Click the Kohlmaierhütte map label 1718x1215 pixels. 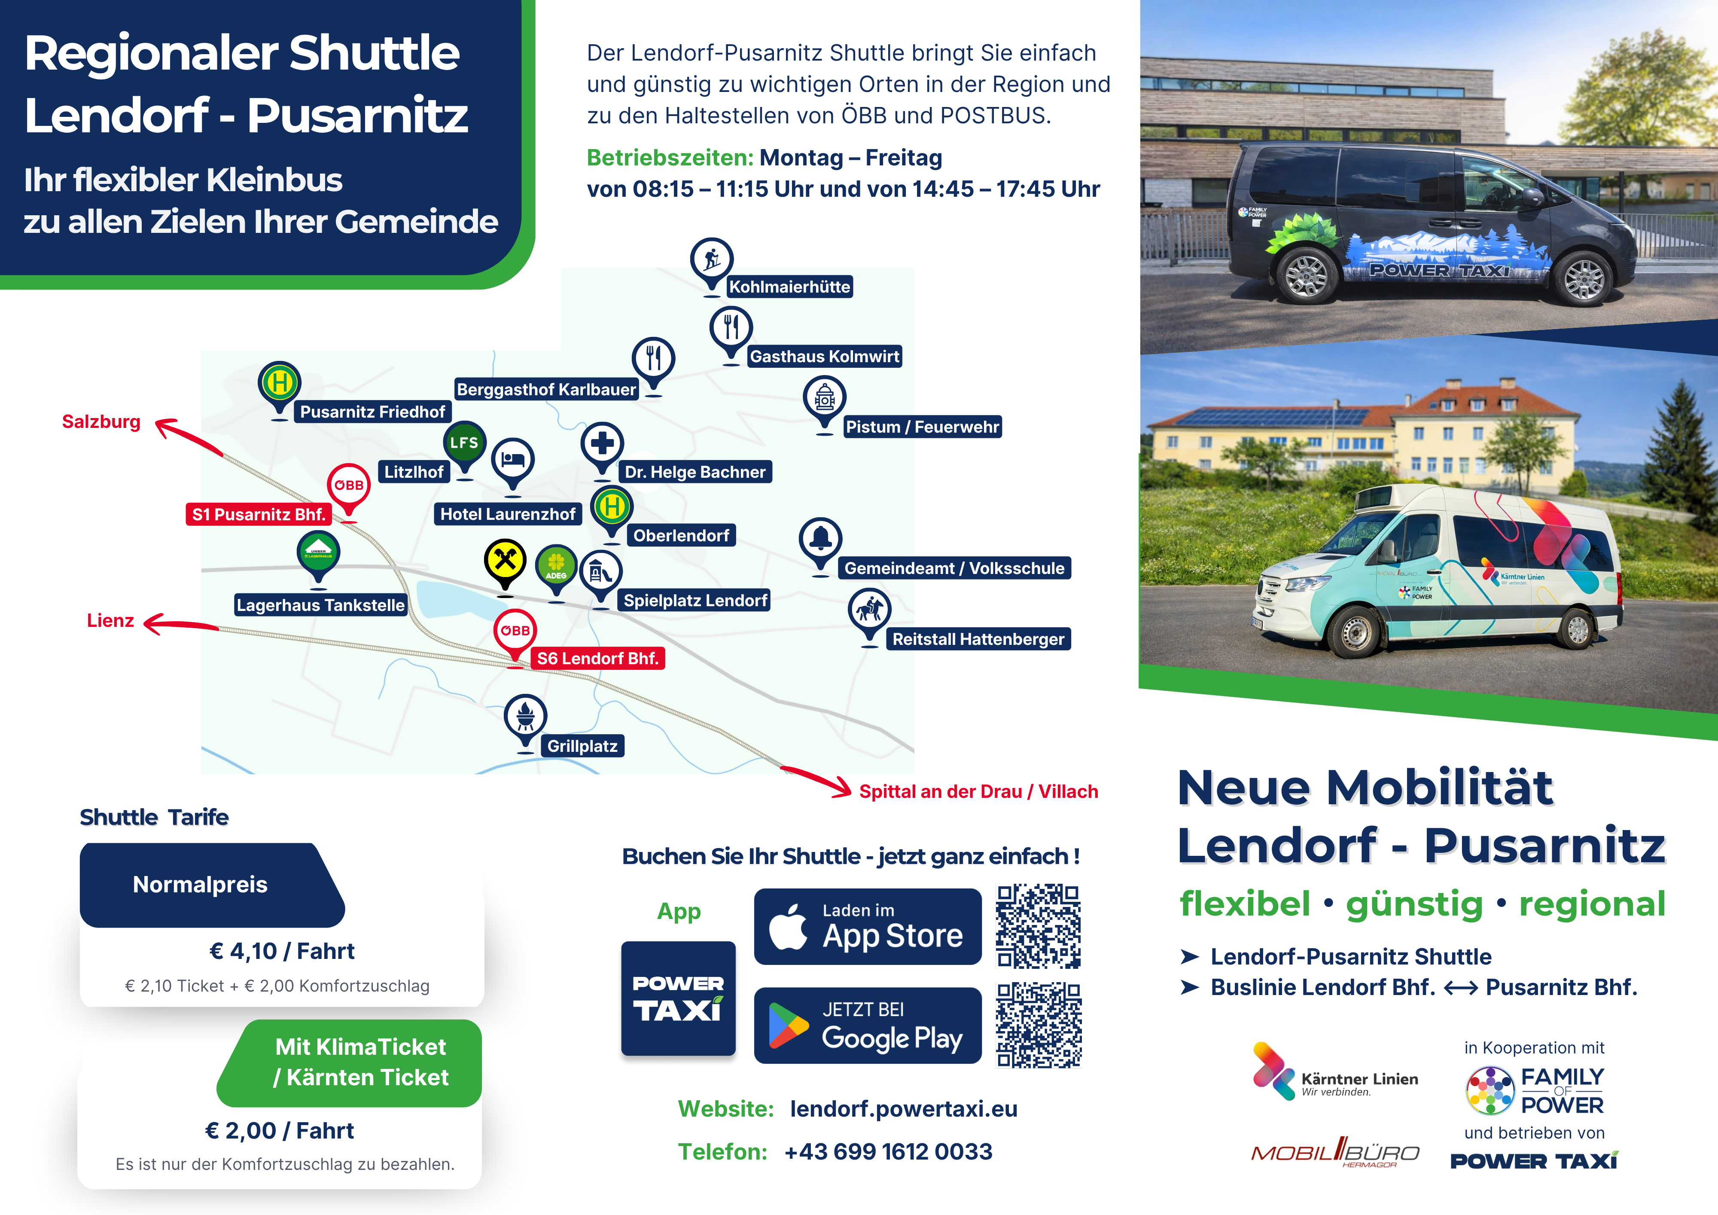(789, 287)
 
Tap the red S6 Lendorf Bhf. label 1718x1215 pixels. (597, 659)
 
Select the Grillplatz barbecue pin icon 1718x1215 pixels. (525, 717)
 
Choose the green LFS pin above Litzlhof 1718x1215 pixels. (464, 443)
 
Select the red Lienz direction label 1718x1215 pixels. (110, 620)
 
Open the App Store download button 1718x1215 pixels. (867, 927)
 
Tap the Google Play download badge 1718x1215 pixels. (867, 1026)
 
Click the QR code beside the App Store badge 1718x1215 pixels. (1038, 927)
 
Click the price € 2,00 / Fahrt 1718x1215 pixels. (279, 1130)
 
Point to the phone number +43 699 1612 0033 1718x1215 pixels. (888, 1151)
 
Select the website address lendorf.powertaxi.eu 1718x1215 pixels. (903, 1109)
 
